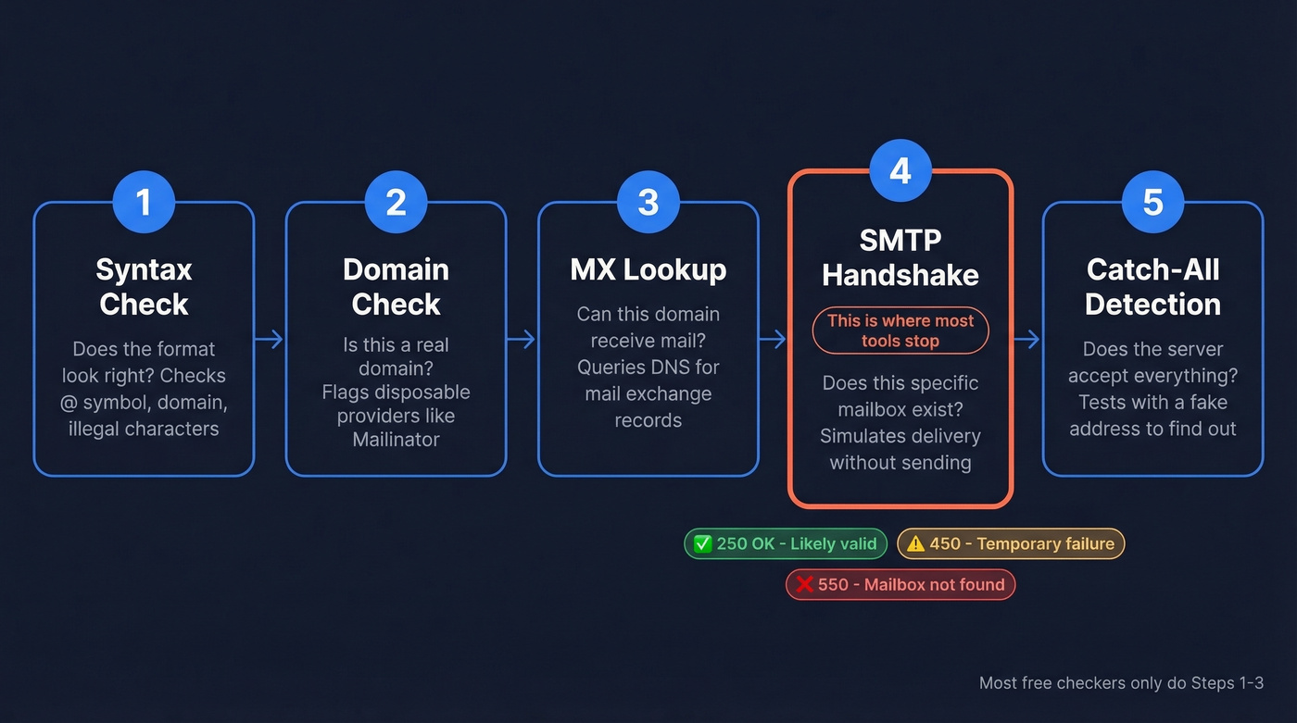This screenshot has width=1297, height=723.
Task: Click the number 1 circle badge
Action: pyautogui.click(x=144, y=202)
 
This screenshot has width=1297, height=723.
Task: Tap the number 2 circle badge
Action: pyautogui.click(x=396, y=202)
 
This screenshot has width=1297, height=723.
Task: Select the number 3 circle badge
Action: pyautogui.click(x=648, y=202)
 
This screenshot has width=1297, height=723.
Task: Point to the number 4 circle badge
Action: pyautogui.click(x=900, y=170)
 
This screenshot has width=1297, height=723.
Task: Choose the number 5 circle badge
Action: pyautogui.click(x=1152, y=202)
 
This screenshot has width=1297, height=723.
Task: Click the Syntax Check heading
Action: pyautogui.click(x=144, y=287)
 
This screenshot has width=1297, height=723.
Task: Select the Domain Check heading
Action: pyautogui.click(x=396, y=287)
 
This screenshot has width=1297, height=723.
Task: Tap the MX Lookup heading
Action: pyautogui.click(x=648, y=270)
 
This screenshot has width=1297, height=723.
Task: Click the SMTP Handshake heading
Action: pyautogui.click(x=900, y=257)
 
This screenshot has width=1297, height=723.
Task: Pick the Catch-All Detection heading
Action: pyautogui.click(x=1152, y=287)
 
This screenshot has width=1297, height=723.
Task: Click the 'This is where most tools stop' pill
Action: pyautogui.click(x=900, y=330)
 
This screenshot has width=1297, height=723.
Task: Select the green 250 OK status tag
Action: pyautogui.click(x=786, y=543)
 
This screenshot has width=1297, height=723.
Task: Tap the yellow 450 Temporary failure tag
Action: pyautogui.click(x=1011, y=543)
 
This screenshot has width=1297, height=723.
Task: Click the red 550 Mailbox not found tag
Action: pyautogui.click(x=900, y=584)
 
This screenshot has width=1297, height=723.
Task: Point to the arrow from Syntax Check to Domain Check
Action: pyautogui.click(x=270, y=340)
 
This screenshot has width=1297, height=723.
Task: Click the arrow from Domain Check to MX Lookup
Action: pyautogui.click(x=522, y=340)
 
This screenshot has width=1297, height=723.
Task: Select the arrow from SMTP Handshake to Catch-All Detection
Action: pyautogui.click(x=1026, y=340)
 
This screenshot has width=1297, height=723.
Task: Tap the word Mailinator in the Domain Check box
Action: pyautogui.click(x=396, y=439)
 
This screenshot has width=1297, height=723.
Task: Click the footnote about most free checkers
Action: pyautogui.click(x=1121, y=683)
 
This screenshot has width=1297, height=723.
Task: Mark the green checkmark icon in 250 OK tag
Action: pyautogui.click(x=701, y=543)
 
